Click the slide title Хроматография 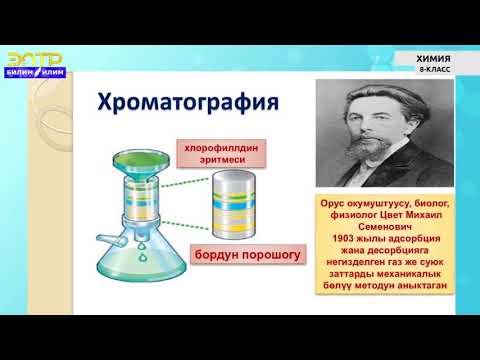(186, 104)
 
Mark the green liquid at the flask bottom (135, 275)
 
